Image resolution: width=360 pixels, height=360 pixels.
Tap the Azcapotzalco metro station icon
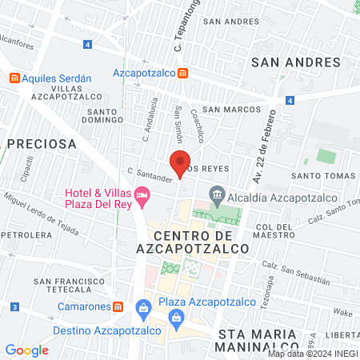184,73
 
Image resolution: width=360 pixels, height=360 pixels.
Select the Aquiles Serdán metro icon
14,78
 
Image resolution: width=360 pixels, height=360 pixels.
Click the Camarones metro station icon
118,306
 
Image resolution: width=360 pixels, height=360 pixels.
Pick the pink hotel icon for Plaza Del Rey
142,194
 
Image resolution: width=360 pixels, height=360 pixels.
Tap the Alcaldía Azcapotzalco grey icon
216,194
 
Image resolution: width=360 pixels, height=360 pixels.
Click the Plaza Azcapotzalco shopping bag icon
143,306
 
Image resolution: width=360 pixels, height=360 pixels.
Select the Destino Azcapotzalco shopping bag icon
175,322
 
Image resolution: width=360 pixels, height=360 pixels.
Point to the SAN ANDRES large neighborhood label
290,61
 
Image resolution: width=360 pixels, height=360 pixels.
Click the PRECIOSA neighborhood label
41,144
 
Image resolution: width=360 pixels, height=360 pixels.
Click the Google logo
26,350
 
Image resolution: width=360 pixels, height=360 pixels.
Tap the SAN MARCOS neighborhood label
231,110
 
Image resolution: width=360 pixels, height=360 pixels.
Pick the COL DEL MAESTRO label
276,231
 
